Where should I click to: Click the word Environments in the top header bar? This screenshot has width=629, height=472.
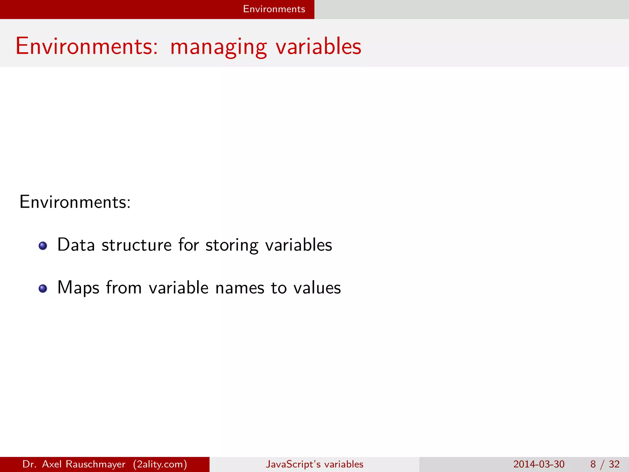point(274,9)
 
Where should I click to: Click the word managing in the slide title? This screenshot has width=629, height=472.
point(218,47)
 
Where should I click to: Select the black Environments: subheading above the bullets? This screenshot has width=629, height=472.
point(75,202)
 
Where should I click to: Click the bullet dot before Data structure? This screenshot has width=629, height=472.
point(43,246)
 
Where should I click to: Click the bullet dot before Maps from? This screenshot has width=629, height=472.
point(43,289)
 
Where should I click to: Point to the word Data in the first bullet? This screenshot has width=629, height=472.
point(76,245)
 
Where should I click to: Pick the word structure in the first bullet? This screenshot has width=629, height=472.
point(136,245)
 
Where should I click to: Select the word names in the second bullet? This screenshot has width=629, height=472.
point(240,288)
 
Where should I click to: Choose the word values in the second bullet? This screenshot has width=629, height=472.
point(317,288)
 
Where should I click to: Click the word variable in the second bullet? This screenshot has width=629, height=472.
point(179,288)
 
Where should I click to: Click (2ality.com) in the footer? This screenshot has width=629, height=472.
point(160,464)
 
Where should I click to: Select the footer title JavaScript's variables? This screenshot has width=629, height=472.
point(314,464)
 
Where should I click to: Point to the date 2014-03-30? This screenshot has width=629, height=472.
point(539,464)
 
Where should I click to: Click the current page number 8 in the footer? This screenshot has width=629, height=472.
point(593,464)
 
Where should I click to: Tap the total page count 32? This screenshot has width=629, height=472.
point(614,464)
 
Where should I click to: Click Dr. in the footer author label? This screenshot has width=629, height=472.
point(29,464)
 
